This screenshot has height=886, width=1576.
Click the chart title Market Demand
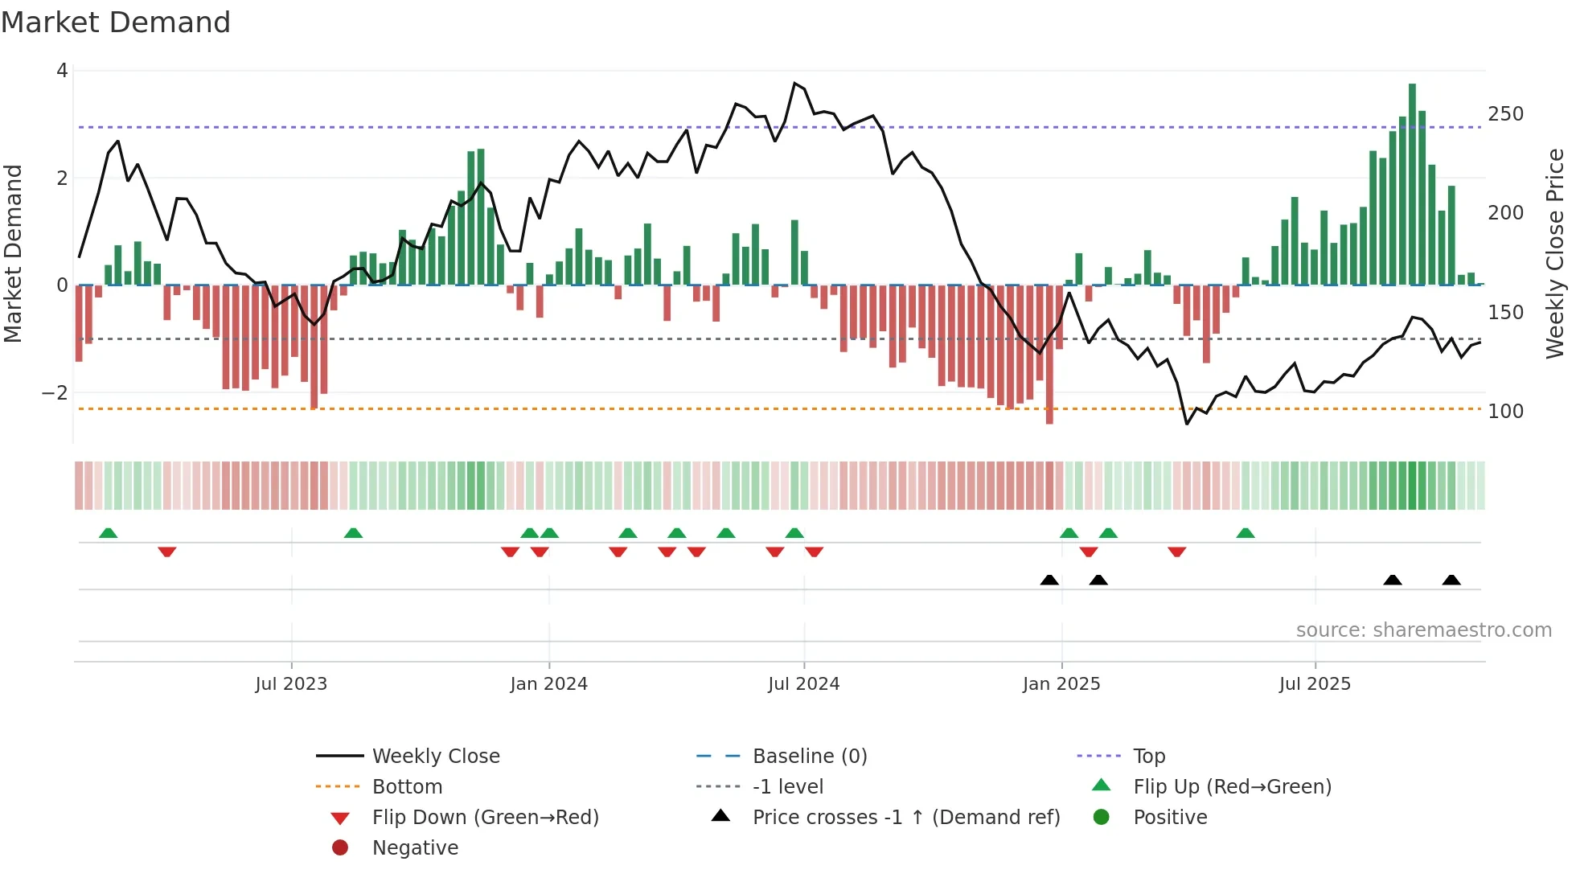(116, 23)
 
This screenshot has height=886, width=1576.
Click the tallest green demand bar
(1412, 184)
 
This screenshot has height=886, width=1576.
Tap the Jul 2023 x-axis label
(291, 684)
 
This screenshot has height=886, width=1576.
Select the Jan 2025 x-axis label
(1061, 684)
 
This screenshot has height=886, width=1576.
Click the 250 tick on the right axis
(1505, 114)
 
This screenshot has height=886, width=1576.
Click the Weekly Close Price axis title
(1555, 253)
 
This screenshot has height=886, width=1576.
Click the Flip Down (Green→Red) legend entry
(485, 818)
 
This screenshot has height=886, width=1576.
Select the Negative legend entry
(415, 848)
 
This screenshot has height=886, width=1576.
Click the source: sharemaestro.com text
(1423, 630)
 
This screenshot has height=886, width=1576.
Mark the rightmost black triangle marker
(1451, 580)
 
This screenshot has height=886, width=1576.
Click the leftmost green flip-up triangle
(109, 533)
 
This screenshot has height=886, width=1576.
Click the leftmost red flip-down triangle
(167, 552)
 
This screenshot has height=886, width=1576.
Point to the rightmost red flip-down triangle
(1177, 552)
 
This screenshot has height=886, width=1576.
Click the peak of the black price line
(794, 84)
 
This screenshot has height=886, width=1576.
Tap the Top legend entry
(1149, 757)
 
